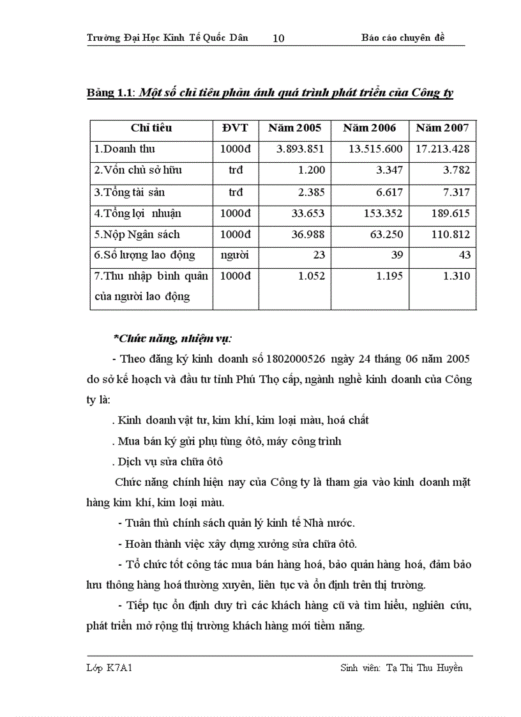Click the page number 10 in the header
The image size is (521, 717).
click(x=278, y=38)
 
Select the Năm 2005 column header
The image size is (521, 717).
click(x=295, y=128)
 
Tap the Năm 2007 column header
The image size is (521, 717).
click(x=442, y=128)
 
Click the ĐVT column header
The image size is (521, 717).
click(x=235, y=128)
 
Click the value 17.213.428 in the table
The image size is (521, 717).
click(x=442, y=149)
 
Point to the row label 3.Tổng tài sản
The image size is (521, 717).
click(x=130, y=192)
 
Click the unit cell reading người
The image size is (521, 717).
click(x=235, y=255)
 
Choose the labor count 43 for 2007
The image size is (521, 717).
click(x=464, y=255)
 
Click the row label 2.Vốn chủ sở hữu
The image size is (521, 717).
click(x=137, y=171)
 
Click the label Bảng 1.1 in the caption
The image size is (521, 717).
click(x=109, y=93)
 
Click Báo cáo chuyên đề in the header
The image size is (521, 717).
click(x=402, y=38)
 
